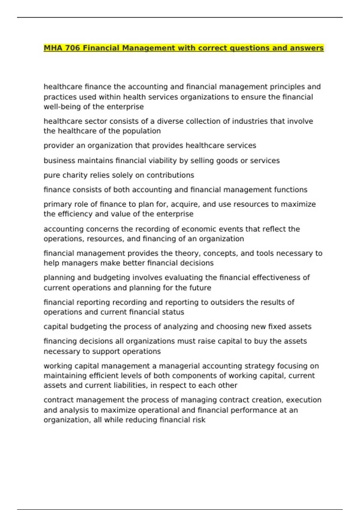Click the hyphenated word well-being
[x=64, y=107]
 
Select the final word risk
[x=199, y=420]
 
